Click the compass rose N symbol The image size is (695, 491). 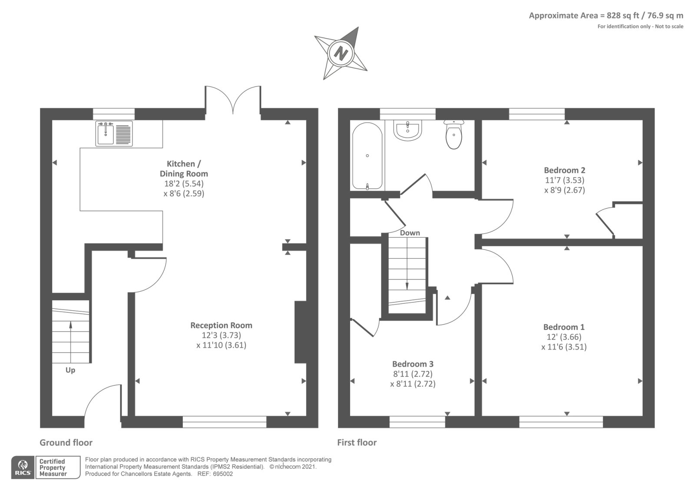coord(341,53)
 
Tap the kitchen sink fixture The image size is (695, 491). coord(114,133)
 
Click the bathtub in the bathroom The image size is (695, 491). coord(367,156)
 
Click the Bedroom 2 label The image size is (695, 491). coord(564,170)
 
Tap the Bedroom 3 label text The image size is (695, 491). coord(413,364)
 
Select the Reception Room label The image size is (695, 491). coord(221,325)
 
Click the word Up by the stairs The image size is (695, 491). coord(70,370)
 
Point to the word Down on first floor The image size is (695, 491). coord(410,233)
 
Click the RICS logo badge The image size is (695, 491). coord(23,468)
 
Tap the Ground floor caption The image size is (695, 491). coord(66,443)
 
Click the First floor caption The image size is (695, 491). coord(357,443)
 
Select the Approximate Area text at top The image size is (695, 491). coord(606,16)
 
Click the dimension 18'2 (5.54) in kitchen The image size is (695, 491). coord(184,184)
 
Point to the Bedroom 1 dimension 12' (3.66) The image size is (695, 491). coord(564,337)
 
